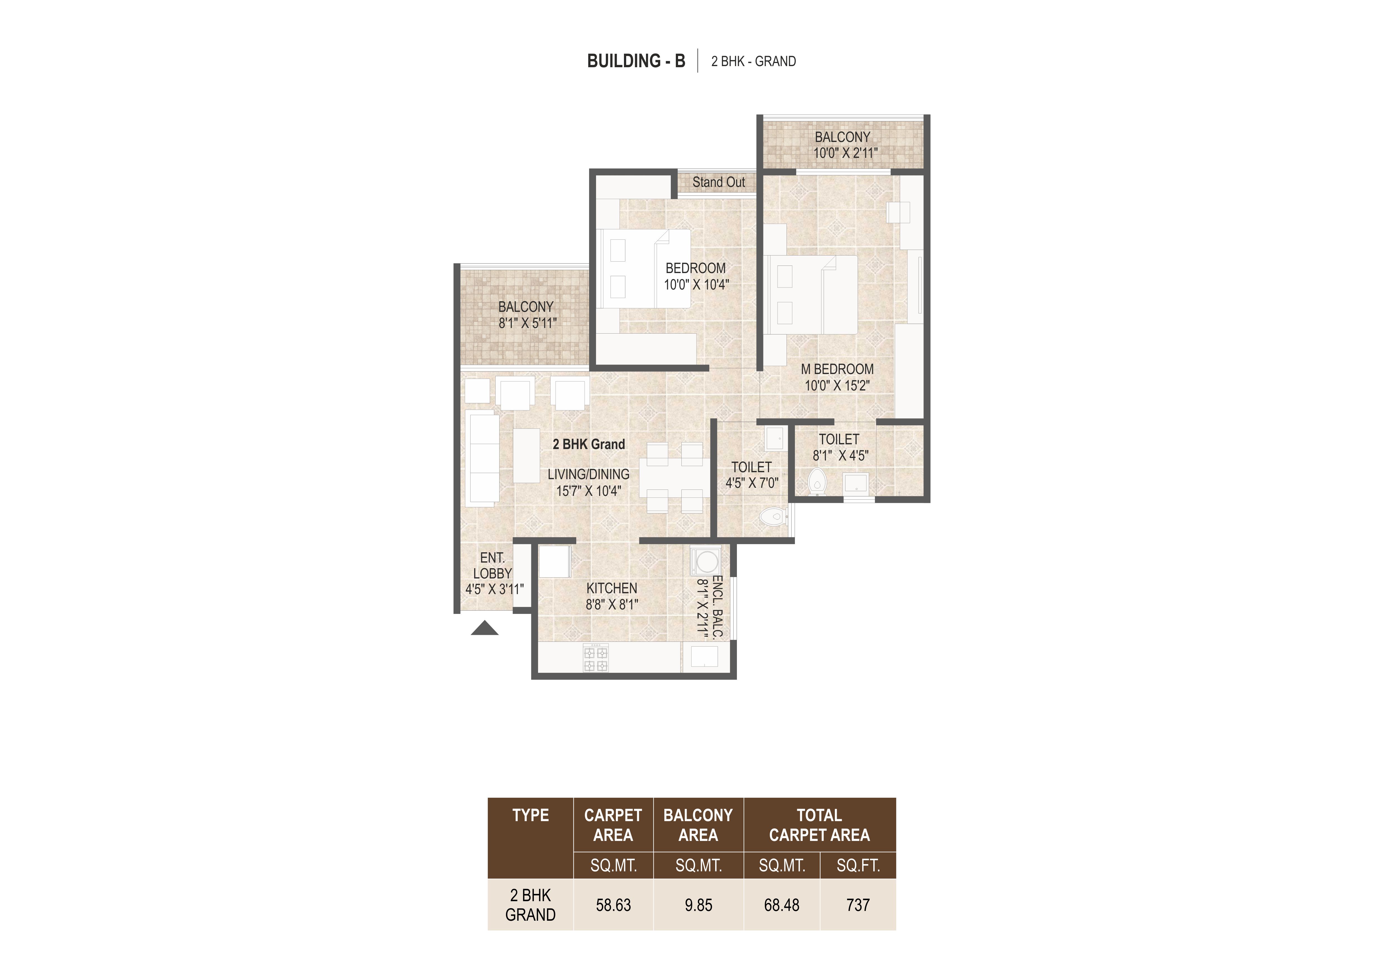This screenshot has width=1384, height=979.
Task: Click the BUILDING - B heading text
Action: tap(636, 61)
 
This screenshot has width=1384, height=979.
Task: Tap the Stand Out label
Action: tap(718, 182)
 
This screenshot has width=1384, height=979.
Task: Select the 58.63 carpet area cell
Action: tap(613, 905)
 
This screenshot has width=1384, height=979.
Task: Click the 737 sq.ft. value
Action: tap(858, 905)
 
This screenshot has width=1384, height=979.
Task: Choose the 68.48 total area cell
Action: tap(782, 905)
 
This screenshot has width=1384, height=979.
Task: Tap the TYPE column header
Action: tap(531, 816)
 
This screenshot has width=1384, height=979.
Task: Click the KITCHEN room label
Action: tap(612, 588)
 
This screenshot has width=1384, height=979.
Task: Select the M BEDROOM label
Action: tap(837, 369)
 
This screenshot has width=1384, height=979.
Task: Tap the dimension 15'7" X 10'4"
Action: tap(588, 491)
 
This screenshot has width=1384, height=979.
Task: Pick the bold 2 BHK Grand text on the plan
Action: tap(589, 444)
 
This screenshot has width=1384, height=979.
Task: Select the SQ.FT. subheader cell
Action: tap(858, 866)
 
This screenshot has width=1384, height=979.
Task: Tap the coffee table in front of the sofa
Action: tap(526, 455)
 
